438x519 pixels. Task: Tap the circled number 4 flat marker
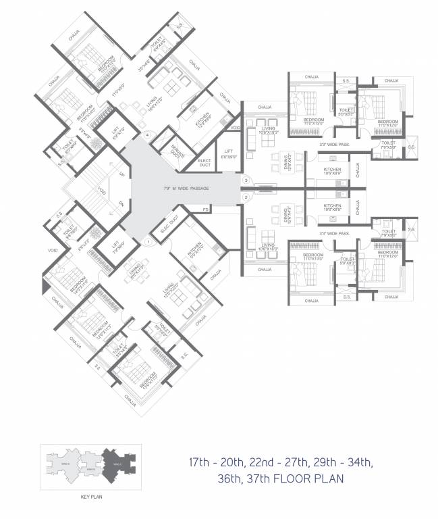[146, 135]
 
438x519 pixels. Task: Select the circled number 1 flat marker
[147, 241]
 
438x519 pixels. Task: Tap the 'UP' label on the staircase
[122, 174]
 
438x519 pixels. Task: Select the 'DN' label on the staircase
[122, 203]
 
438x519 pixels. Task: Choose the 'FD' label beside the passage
[205, 210]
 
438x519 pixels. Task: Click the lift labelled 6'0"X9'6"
[225, 153]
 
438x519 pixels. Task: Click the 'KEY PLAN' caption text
[90, 497]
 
